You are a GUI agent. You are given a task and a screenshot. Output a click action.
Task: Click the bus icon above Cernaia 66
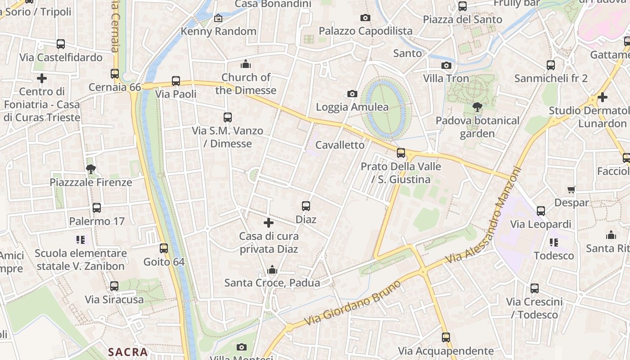pyautogui.click(x=115, y=73)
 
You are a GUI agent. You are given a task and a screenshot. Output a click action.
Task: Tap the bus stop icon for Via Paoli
pyautogui.click(x=176, y=81)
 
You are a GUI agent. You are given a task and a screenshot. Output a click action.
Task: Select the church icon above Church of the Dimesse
pyautogui.click(x=246, y=64)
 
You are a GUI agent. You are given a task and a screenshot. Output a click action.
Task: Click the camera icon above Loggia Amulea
pyautogui.click(x=352, y=94)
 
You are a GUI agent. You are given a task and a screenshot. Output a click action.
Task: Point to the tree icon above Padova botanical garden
pyautogui.click(x=477, y=107)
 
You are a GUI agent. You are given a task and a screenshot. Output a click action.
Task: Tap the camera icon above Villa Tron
pyautogui.click(x=446, y=65)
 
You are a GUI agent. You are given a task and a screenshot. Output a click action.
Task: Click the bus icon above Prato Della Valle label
pyautogui.click(x=401, y=153)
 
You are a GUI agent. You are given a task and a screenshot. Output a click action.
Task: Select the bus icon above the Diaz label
pyautogui.click(x=306, y=206)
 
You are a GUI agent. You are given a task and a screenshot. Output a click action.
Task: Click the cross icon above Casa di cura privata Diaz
pyautogui.click(x=269, y=223)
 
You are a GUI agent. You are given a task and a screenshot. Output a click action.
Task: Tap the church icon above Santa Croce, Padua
pyautogui.click(x=272, y=270)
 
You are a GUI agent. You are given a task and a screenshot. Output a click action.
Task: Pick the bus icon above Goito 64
pyautogui.click(x=164, y=248)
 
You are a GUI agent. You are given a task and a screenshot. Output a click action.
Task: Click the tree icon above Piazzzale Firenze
pyautogui.click(x=91, y=169)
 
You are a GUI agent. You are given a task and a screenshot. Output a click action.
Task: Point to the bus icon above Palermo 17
pyautogui.click(x=97, y=208)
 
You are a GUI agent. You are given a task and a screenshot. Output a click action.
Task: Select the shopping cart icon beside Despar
pyautogui.click(x=571, y=189)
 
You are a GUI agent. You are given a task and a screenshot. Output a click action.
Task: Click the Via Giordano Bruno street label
pyautogui.click(x=352, y=303)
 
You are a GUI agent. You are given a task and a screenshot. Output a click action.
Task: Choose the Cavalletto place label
pyautogui.click(x=340, y=145)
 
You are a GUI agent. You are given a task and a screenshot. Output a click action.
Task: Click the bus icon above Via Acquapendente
pyautogui.click(x=446, y=337)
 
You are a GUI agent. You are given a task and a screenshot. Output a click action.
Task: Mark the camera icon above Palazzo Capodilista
pyautogui.click(x=365, y=18)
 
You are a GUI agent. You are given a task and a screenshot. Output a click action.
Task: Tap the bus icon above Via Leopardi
pyautogui.click(x=541, y=211)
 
